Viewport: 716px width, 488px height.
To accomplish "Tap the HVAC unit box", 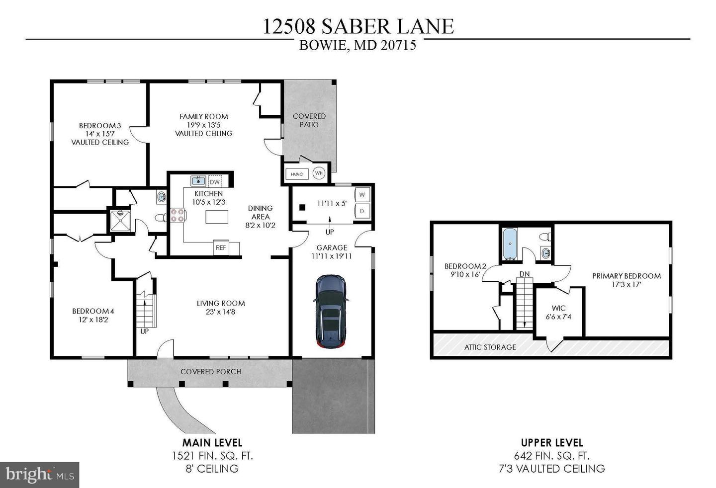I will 297,174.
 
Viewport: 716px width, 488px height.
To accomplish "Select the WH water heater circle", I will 319,173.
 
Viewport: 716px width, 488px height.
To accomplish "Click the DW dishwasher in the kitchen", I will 215,182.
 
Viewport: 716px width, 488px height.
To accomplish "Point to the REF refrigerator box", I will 220,248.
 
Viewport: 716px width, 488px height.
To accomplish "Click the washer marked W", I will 361,194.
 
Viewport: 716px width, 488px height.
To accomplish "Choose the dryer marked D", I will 361,211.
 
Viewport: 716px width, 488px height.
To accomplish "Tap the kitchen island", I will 217,217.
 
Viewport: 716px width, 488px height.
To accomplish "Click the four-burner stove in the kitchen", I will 178,215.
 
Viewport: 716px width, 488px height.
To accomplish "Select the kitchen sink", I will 198,180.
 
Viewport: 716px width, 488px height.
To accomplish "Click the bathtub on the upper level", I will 510,244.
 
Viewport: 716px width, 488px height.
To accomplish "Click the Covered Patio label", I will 309,120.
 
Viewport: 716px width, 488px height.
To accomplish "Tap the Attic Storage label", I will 490,347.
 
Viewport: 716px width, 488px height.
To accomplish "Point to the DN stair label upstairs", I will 525,274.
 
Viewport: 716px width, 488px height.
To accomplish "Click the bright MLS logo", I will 39,475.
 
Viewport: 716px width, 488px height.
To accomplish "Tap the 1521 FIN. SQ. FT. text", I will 212,456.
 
